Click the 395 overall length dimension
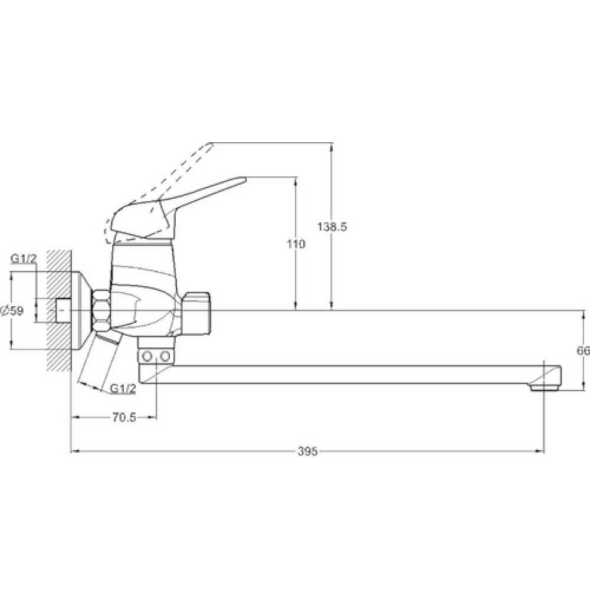point(307,451)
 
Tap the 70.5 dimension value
point(124,417)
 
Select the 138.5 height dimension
point(332,227)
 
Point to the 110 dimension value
point(296,244)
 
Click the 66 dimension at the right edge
point(584,350)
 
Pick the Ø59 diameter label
point(12,311)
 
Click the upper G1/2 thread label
point(24,258)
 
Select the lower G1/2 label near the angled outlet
point(123,389)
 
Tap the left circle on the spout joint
point(147,356)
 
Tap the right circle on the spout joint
point(165,356)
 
